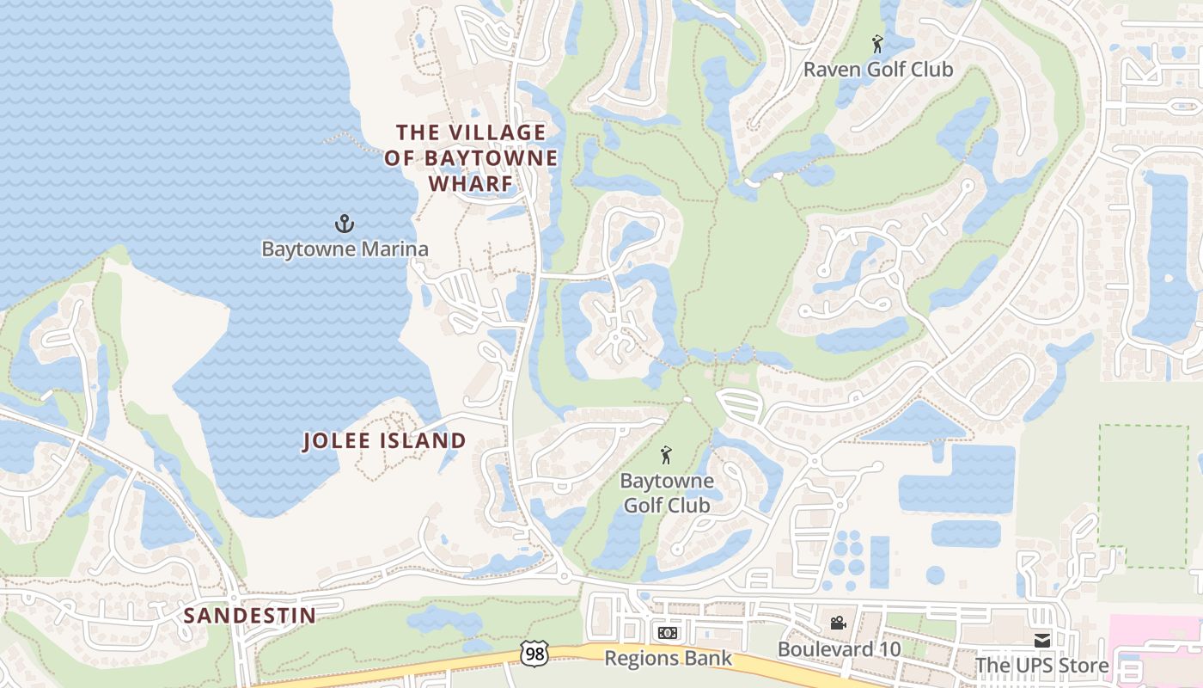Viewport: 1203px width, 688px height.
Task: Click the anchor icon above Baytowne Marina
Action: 344,224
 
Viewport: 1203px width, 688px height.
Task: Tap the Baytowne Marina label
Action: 345,249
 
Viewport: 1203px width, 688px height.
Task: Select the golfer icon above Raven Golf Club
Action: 876,44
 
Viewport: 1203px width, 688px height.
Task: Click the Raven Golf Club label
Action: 877,70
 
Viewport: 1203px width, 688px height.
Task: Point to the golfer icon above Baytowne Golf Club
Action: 666,456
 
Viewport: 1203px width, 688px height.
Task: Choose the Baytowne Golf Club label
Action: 667,493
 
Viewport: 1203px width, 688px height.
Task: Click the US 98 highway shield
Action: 534,653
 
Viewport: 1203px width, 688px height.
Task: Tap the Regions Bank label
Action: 668,658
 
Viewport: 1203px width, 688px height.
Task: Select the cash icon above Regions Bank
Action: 668,633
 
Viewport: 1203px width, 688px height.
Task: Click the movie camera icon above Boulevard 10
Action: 838,623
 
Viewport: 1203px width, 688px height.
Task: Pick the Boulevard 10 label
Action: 839,648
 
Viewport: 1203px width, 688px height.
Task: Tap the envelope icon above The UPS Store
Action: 1041,640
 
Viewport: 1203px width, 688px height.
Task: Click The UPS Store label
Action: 1041,665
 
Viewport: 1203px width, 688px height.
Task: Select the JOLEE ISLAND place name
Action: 384,441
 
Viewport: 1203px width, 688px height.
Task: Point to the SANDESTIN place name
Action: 249,615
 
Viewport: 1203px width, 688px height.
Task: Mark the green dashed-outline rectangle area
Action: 1143,495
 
